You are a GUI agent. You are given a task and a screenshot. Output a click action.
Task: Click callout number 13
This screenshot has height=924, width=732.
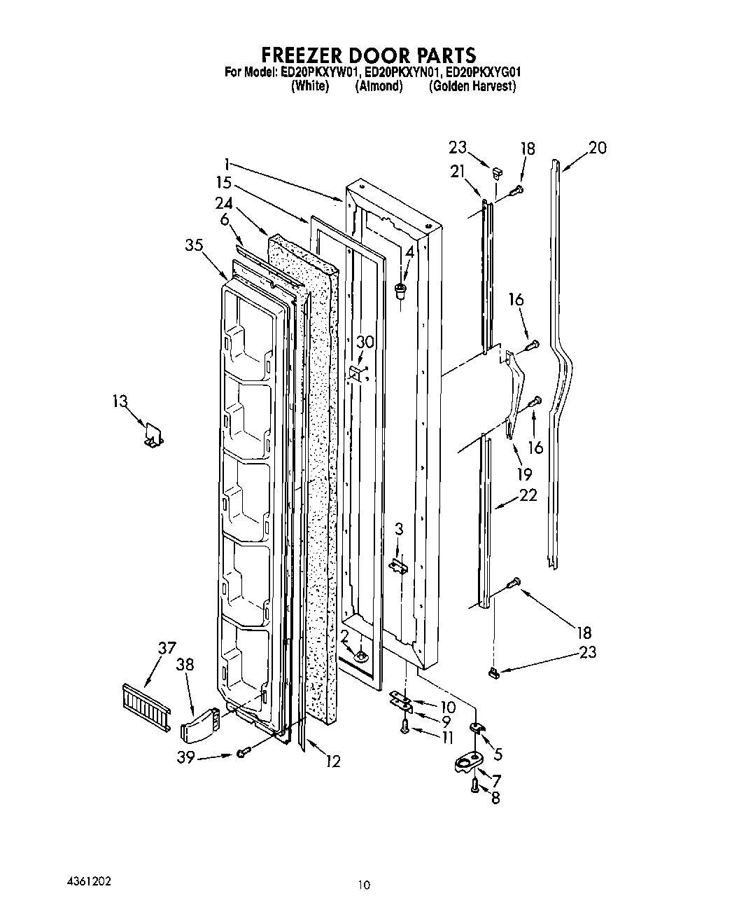(120, 401)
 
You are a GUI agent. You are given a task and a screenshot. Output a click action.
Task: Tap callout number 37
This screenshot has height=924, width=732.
(166, 649)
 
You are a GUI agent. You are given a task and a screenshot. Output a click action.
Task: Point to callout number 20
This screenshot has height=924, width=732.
(597, 148)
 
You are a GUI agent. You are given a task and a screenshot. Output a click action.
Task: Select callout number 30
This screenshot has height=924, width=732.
(365, 342)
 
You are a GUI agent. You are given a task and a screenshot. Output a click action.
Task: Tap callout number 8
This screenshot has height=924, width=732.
(495, 797)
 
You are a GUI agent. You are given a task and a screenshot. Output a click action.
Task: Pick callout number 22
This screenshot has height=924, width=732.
(528, 495)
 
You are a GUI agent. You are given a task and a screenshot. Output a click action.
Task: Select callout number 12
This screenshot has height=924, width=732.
(332, 761)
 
